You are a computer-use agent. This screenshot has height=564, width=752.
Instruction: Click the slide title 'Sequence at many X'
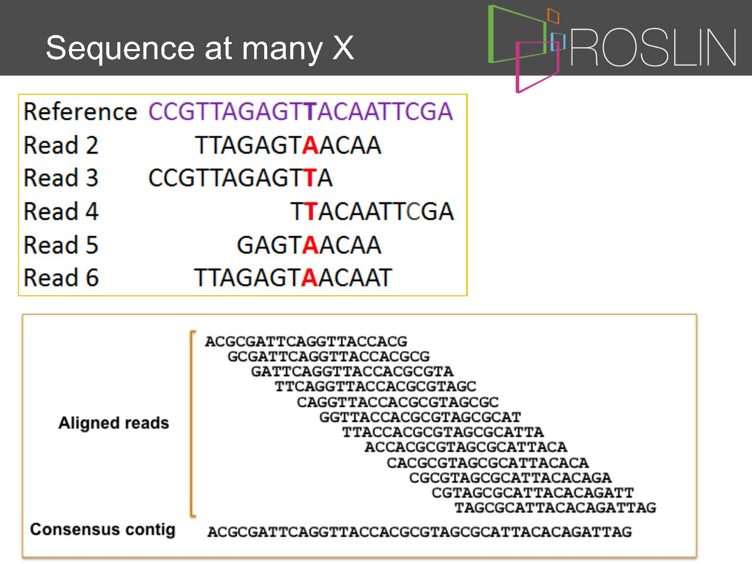[200, 49]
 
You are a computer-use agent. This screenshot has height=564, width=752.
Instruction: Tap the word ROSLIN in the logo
[653, 48]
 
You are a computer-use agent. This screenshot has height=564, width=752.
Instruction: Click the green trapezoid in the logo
[491, 34]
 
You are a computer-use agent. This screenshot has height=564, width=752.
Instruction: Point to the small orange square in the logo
[553, 16]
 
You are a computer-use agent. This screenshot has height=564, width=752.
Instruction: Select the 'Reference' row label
[80, 112]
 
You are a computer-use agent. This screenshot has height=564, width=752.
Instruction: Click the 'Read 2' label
[61, 145]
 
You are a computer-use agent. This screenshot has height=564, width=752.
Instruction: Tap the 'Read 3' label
[61, 178]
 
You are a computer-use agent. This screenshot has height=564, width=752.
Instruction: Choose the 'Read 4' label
[61, 211]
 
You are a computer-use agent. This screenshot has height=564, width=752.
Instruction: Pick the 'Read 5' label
[61, 245]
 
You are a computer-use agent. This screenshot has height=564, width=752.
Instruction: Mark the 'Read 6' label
[61, 277]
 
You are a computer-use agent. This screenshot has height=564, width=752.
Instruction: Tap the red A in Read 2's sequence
[310, 145]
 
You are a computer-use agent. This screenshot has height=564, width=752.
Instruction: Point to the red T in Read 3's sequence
[310, 178]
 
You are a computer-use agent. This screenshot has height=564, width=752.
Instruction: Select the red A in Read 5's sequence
[310, 245]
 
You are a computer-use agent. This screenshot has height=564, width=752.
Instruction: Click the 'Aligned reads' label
[114, 423]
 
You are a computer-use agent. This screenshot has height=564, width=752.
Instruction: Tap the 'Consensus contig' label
[103, 530]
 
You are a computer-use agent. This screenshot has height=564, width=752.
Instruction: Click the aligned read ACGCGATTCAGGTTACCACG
[306, 342]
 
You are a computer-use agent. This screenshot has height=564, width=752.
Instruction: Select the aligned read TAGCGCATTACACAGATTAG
[555, 508]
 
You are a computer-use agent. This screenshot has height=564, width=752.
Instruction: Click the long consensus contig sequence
[419, 532]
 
